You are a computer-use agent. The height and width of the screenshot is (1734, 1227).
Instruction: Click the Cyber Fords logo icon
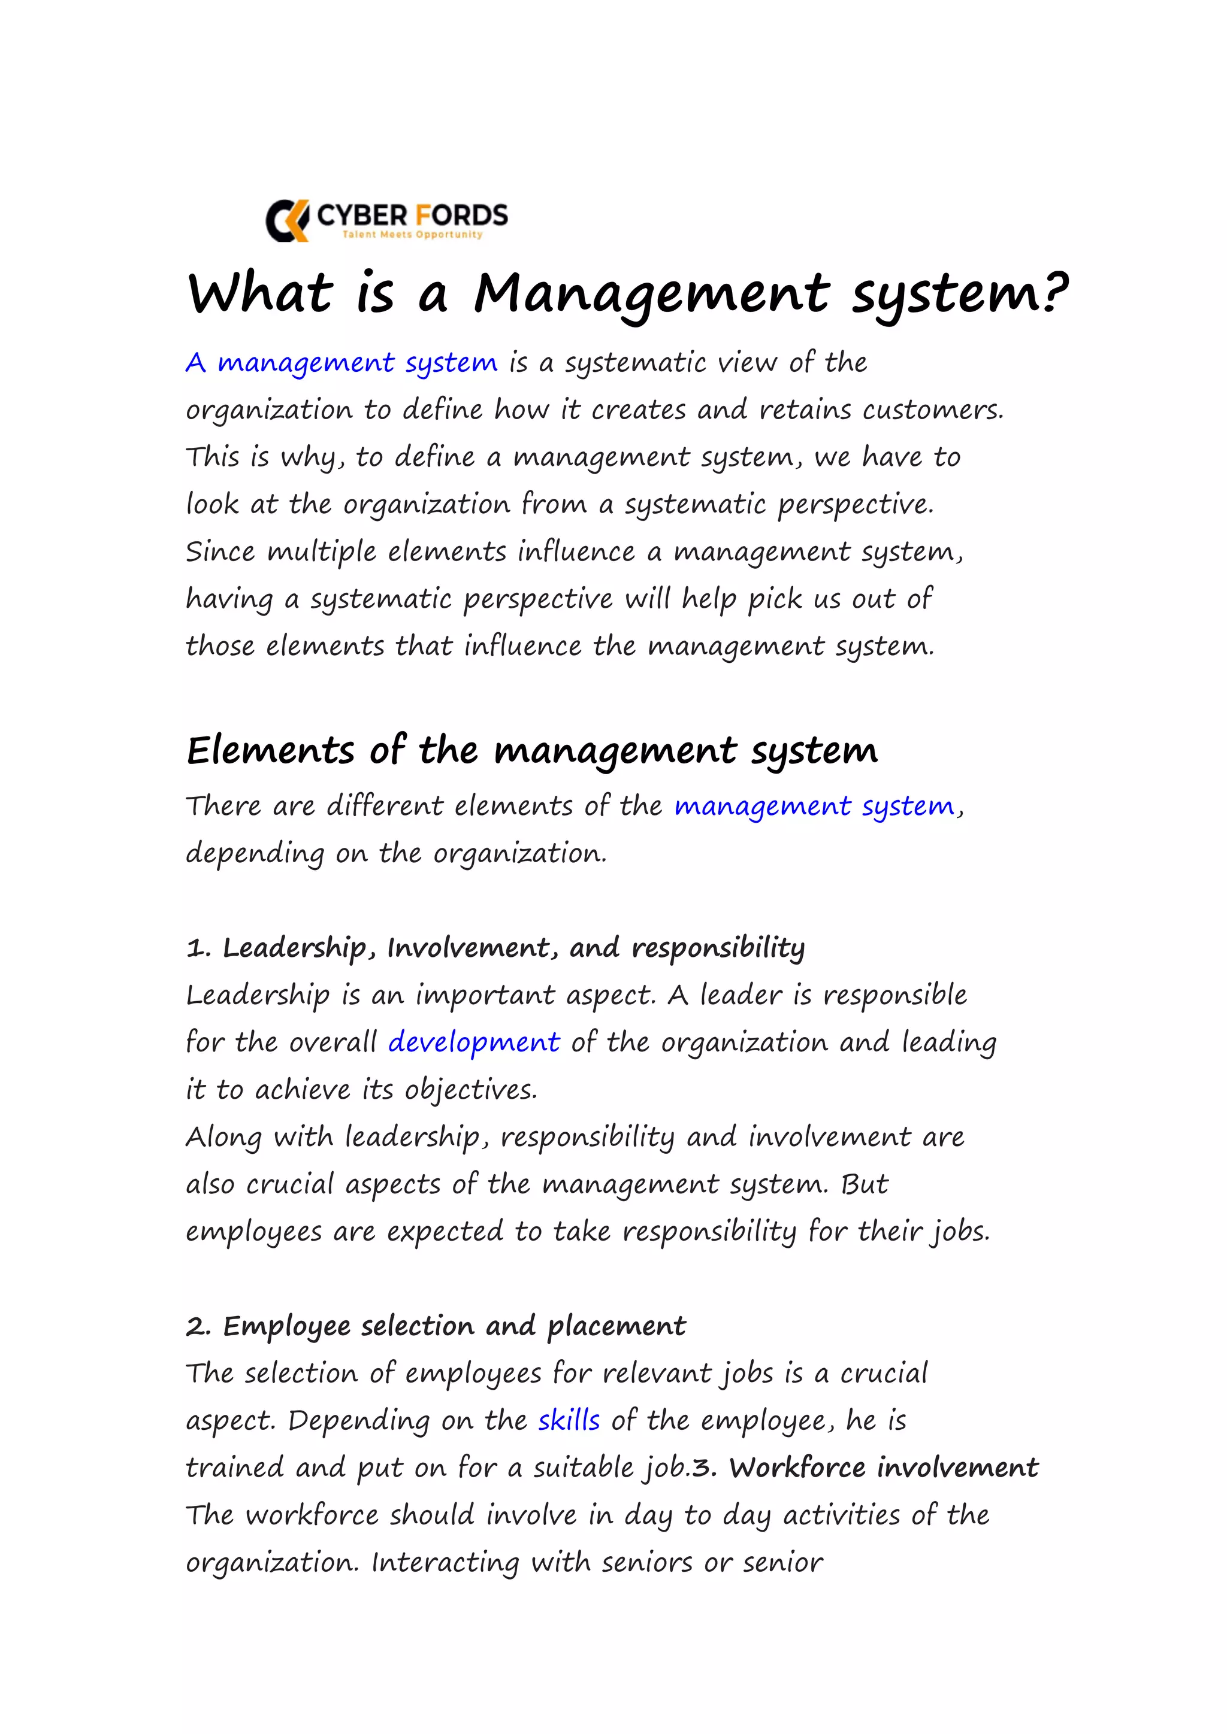click(287, 220)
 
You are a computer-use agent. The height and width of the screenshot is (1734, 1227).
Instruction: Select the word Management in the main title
click(651, 295)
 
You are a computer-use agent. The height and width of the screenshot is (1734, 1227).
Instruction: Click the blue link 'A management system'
click(341, 363)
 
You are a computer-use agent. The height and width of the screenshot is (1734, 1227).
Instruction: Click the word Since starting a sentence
click(220, 551)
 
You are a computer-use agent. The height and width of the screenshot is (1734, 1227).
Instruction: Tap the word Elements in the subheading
click(270, 751)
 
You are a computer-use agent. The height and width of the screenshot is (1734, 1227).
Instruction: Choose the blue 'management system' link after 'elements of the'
click(814, 807)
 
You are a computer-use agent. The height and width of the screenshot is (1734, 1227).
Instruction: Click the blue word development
click(474, 1043)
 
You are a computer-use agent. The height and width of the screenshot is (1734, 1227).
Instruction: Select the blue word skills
click(569, 1421)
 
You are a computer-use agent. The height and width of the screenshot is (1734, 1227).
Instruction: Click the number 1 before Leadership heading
click(196, 948)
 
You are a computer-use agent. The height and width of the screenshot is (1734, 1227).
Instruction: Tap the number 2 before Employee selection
click(197, 1326)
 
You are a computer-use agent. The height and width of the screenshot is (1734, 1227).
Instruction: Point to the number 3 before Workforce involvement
click(702, 1468)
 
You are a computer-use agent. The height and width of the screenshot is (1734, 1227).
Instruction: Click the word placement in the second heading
click(616, 1327)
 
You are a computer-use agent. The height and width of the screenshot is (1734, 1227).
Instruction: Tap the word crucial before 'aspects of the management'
click(289, 1184)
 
